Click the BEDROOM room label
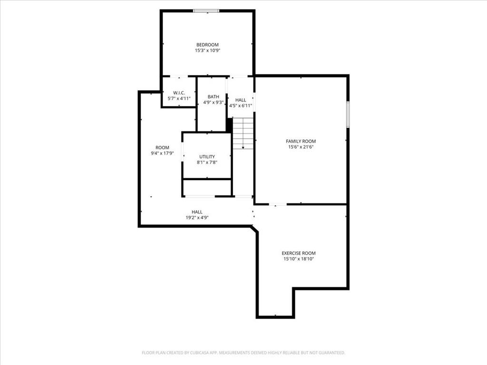pos(207,45)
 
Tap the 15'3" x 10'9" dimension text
pos(207,50)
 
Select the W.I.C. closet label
pos(179,93)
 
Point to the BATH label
pos(214,97)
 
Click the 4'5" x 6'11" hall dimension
pos(240,106)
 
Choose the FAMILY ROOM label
pos(301,141)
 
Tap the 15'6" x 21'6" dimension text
pos(301,147)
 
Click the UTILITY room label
pos(207,157)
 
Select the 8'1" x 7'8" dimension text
pos(207,163)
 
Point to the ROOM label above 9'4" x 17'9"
pos(162,148)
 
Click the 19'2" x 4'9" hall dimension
pos(197,218)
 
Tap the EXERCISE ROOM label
pos(299,253)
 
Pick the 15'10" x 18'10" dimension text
pos(299,259)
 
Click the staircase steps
pos(243,134)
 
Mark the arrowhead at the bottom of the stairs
pos(243,147)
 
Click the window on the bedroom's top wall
pos(206,11)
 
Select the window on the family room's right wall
pos(348,114)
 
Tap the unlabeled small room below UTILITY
pos(207,187)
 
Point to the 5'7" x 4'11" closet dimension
pos(179,98)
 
